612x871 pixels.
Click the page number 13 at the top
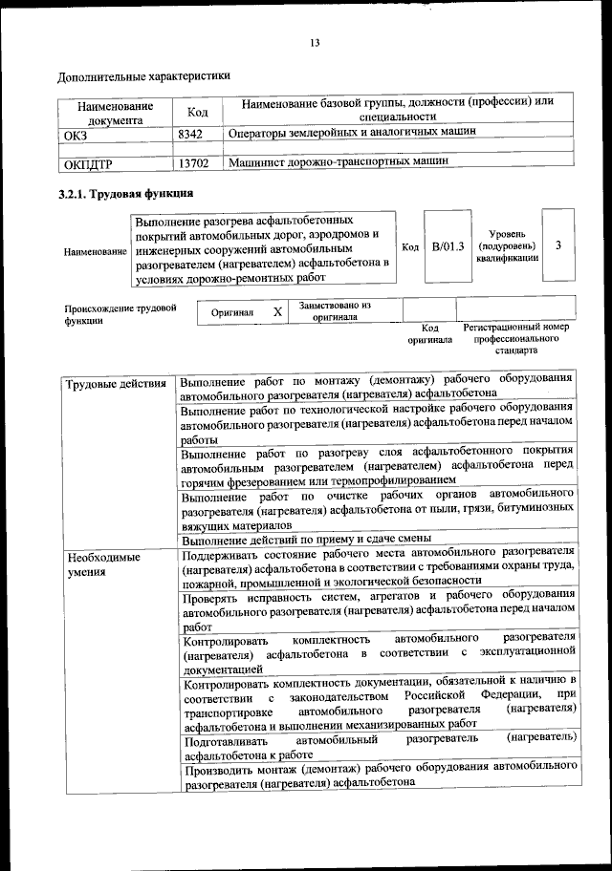click(x=314, y=43)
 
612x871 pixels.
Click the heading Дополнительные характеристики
click(x=143, y=75)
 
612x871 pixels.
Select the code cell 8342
click(x=191, y=135)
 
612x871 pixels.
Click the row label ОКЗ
click(x=76, y=136)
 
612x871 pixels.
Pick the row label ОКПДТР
click(x=88, y=164)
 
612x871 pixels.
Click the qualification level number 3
click(x=557, y=246)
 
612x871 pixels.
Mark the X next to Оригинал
click(x=276, y=312)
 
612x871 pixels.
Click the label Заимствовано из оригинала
click(x=336, y=310)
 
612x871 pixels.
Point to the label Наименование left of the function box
click(x=95, y=250)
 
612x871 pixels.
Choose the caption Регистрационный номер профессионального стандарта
click(x=515, y=338)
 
